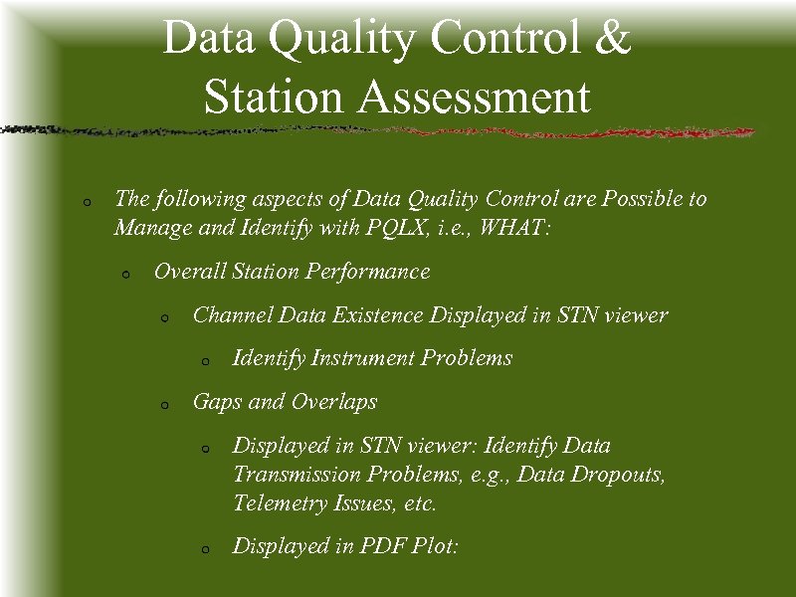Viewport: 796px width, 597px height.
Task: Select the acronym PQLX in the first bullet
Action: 390,228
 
